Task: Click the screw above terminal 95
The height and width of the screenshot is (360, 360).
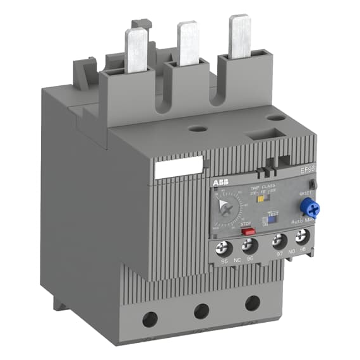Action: (222, 243)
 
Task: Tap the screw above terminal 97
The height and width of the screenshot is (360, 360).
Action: (277, 240)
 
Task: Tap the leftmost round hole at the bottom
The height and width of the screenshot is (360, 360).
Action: (150, 319)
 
